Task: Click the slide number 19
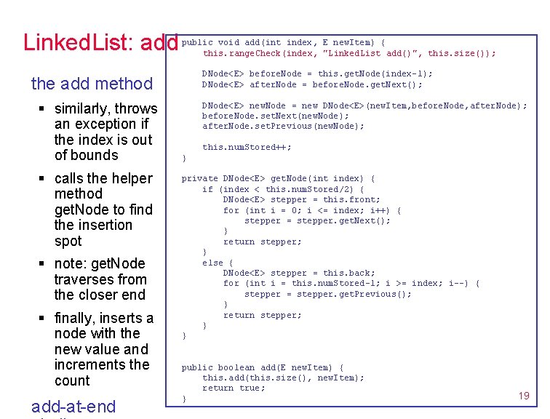(x=524, y=396)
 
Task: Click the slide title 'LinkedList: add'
(x=100, y=43)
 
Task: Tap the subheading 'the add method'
(x=92, y=84)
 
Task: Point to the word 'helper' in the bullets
(x=131, y=178)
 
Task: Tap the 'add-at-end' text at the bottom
(x=73, y=406)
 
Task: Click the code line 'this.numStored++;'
(x=247, y=147)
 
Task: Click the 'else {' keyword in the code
(x=218, y=263)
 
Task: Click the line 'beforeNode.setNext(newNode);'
(x=276, y=116)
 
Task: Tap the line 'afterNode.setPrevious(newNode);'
(x=283, y=126)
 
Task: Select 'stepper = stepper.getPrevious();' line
(x=327, y=294)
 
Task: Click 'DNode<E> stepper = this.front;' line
(x=301, y=199)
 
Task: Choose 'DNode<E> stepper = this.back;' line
(x=299, y=273)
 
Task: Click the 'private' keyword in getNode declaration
(x=199, y=178)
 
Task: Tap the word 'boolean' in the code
(x=236, y=367)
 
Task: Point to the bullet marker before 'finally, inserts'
(x=44, y=319)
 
